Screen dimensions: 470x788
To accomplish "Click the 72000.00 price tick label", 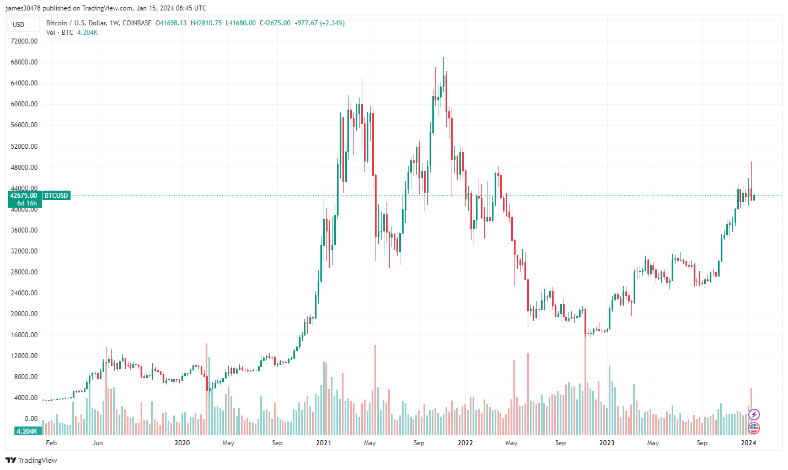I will [24, 41].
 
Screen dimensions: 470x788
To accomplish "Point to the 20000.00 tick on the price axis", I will [24, 314].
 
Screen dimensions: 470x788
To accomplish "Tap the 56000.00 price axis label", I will [24, 125].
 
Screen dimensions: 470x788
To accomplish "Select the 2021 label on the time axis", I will [324, 443].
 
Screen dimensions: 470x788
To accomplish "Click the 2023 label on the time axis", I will [607, 443].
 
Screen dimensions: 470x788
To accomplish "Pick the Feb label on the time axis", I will [51, 443].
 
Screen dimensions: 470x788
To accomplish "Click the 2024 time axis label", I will [748, 443].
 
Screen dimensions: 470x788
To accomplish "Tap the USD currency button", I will [19, 24].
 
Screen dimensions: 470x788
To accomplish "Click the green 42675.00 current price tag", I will [24, 196].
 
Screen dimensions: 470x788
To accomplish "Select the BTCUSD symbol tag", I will [56, 196].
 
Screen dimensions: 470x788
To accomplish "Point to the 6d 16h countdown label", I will [26, 203].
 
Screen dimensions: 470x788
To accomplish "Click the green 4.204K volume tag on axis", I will [26, 431].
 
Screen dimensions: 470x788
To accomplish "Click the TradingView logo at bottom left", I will [31, 460].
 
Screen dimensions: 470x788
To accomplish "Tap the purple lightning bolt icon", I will [754, 414].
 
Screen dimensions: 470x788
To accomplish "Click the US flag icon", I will [754, 428].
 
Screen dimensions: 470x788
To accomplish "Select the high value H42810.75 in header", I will [206, 23].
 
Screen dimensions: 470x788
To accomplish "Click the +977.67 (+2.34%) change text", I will [319, 23].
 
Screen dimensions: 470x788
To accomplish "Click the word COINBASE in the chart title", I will [137, 23].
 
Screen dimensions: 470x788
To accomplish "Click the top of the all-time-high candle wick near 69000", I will [443, 57].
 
